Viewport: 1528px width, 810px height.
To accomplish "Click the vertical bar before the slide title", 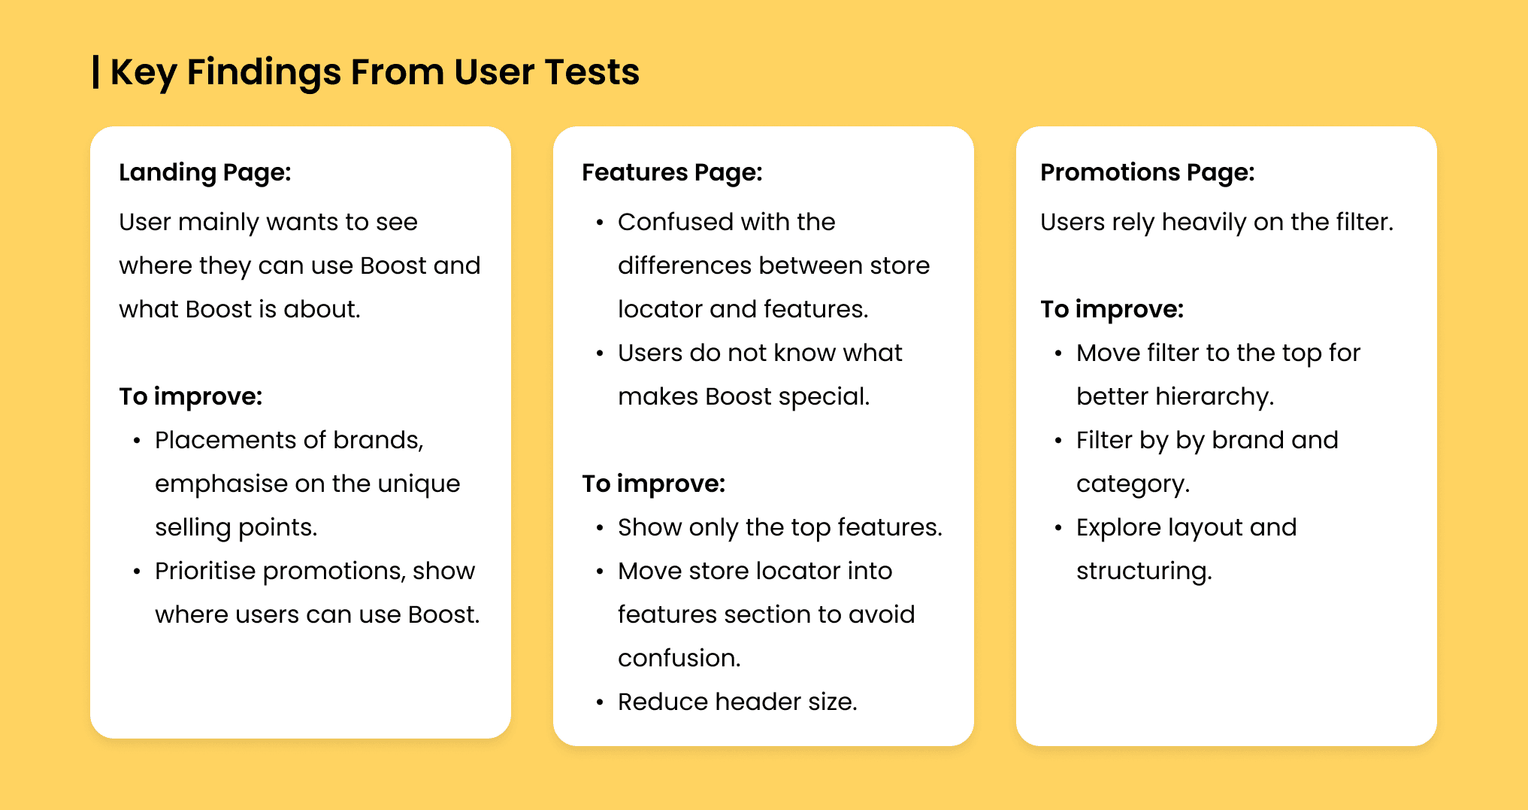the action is (95, 71).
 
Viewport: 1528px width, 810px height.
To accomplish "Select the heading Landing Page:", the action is (205, 173).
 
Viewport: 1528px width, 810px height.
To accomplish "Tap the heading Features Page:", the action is (672, 173).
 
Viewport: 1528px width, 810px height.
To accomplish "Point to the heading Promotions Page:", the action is (1148, 173).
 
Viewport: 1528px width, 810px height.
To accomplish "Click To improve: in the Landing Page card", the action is (191, 396).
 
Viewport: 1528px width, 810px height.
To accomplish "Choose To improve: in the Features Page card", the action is (654, 484).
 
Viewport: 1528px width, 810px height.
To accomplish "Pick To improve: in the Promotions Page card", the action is (1112, 309).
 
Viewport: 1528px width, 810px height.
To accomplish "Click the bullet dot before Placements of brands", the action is (137, 441).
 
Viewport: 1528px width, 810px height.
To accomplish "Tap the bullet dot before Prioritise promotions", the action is (137, 572).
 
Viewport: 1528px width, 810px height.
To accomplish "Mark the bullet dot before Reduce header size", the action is (600, 703).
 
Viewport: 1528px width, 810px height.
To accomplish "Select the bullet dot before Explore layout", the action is (1058, 529).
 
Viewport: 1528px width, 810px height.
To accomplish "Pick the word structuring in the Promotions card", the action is (1144, 572).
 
